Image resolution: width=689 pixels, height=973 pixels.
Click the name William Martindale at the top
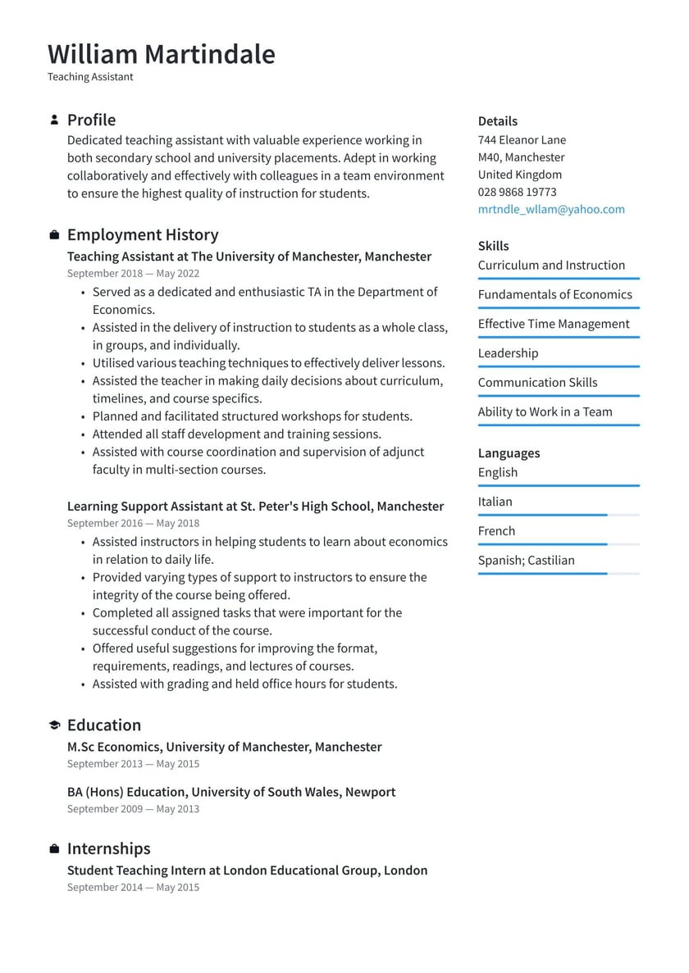[x=162, y=54]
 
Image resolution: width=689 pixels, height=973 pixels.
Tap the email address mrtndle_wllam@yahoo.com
[x=551, y=209]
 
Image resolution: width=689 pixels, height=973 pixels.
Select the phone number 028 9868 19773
[x=517, y=192]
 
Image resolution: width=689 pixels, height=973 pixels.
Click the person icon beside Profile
[x=54, y=120]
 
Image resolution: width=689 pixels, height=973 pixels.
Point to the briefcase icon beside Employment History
[x=54, y=235]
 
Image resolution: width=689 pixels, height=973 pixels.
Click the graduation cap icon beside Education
[x=54, y=725]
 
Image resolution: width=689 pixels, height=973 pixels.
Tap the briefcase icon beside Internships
[x=54, y=848]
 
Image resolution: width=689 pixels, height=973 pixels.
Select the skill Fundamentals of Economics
[x=554, y=294]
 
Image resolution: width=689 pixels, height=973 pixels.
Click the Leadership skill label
[x=508, y=353]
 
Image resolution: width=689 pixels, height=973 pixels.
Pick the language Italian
[x=495, y=502]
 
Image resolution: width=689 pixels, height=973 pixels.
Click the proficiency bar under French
[x=558, y=544]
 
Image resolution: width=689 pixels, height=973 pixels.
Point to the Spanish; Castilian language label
[x=526, y=561]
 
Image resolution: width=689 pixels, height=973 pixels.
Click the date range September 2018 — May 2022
[x=133, y=274]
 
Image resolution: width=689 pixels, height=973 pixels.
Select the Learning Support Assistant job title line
[x=255, y=507]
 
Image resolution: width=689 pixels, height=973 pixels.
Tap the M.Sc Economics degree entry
[x=224, y=747]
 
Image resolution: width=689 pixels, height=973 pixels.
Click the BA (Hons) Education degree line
[x=230, y=792]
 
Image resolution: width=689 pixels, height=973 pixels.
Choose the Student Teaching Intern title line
[x=247, y=871]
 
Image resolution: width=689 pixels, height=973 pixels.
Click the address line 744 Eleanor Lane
[x=522, y=140]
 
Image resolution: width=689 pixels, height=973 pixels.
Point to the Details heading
[x=497, y=121]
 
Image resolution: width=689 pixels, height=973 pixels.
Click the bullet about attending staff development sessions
[x=236, y=434]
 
